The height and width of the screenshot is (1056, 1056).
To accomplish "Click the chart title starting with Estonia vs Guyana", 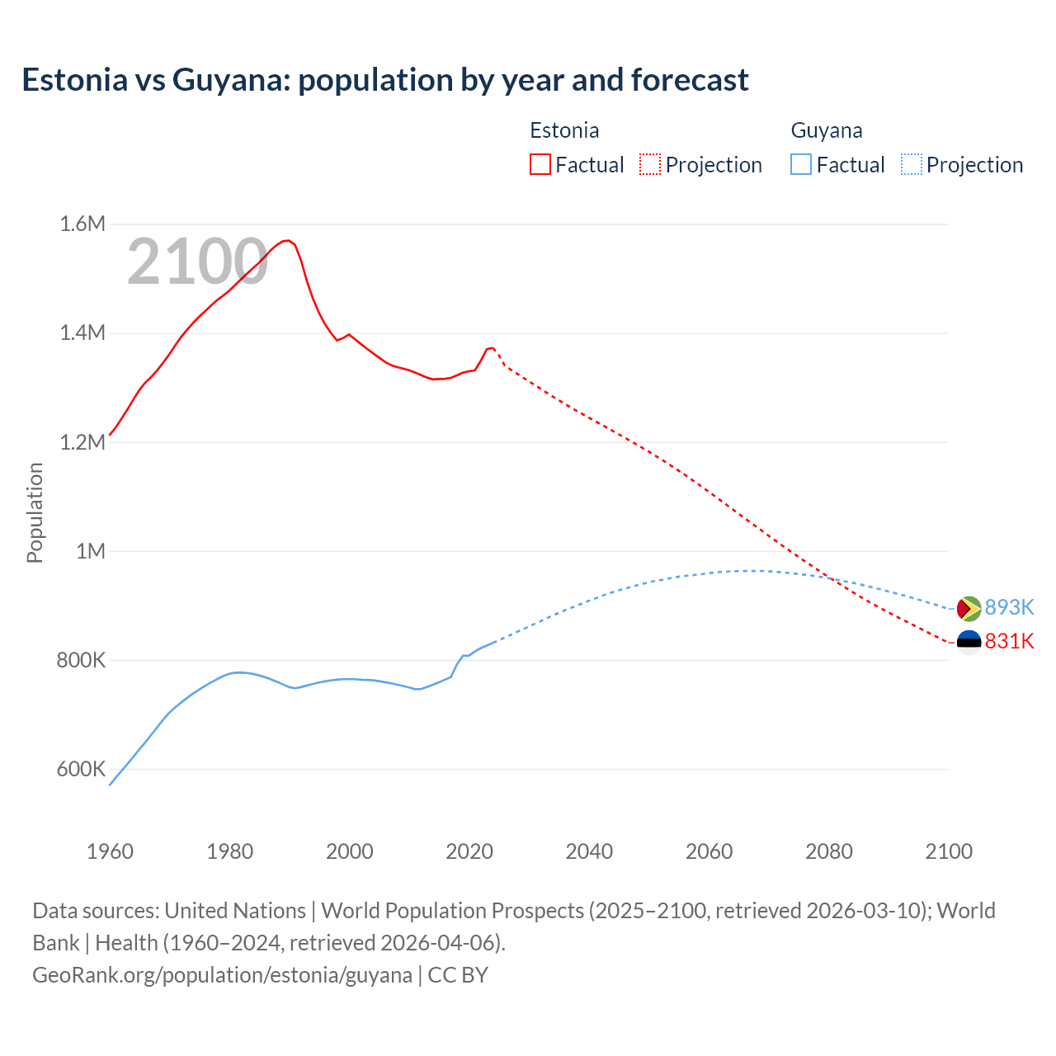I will pyautogui.click(x=385, y=80).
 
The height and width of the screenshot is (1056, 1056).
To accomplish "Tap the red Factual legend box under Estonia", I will pyautogui.click(x=540, y=164).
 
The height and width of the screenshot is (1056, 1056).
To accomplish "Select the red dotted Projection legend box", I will pyautogui.click(x=650, y=164).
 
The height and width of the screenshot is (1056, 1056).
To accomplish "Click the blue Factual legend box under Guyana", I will pyautogui.click(x=801, y=164).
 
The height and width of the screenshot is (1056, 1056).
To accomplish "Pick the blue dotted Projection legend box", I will pyautogui.click(x=911, y=164).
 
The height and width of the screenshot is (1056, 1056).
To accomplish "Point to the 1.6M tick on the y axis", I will pyautogui.click(x=82, y=224).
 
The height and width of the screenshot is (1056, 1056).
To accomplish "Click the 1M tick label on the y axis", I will pyautogui.click(x=91, y=551).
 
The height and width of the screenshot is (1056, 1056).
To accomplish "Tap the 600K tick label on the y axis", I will pyautogui.click(x=81, y=769).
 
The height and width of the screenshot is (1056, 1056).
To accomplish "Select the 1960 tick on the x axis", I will pyautogui.click(x=110, y=851).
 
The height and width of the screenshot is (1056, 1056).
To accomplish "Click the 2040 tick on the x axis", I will pyautogui.click(x=589, y=851).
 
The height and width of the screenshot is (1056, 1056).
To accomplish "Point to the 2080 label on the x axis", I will pyautogui.click(x=828, y=851).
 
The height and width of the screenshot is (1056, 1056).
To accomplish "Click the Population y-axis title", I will pyautogui.click(x=35, y=512).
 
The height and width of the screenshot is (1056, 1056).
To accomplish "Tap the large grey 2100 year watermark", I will pyautogui.click(x=197, y=262).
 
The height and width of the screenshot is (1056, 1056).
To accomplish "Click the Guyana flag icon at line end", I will pyautogui.click(x=969, y=609).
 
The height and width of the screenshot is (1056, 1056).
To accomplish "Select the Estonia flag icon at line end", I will pyautogui.click(x=969, y=642).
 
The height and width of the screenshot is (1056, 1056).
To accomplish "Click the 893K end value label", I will pyautogui.click(x=1009, y=607).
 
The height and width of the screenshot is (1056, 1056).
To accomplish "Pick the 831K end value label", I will pyautogui.click(x=1009, y=641).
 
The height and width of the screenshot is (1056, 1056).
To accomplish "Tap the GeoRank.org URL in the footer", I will pyautogui.click(x=222, y=974).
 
